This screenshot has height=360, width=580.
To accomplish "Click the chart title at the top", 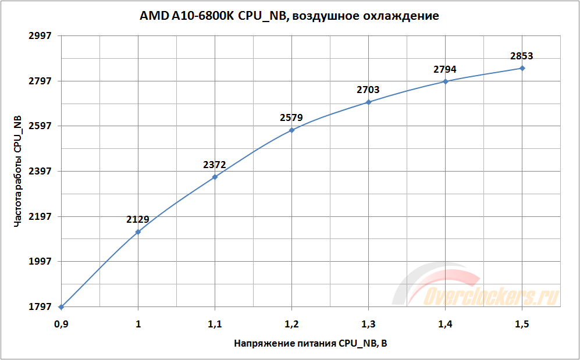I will [x=289, y=16].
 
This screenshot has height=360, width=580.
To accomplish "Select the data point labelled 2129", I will [x=138, y=231].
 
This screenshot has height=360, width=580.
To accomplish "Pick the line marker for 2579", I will [x=291, y=130].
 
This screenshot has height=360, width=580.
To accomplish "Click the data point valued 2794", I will [x=446, y=81].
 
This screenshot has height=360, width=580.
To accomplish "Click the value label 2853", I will [x=521, y=56].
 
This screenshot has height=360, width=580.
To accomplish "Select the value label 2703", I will [x=368, y=90].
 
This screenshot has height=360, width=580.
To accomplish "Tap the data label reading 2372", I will [x=214, y=165].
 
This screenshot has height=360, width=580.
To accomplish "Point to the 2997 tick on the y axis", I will [x=40, y=35].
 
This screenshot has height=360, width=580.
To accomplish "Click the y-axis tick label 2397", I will [x=40, y=172].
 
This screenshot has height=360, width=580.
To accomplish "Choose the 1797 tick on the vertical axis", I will [x=40, y=307].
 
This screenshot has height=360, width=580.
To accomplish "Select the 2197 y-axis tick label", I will [x=40, y=216].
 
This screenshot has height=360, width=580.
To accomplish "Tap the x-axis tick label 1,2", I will [x=291, y=323].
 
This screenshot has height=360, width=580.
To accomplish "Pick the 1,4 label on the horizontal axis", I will [x=445, y=323].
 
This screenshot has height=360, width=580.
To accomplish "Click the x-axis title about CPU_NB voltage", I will [x=310, y=344].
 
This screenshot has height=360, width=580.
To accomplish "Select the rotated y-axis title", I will [x=18, y=171].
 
